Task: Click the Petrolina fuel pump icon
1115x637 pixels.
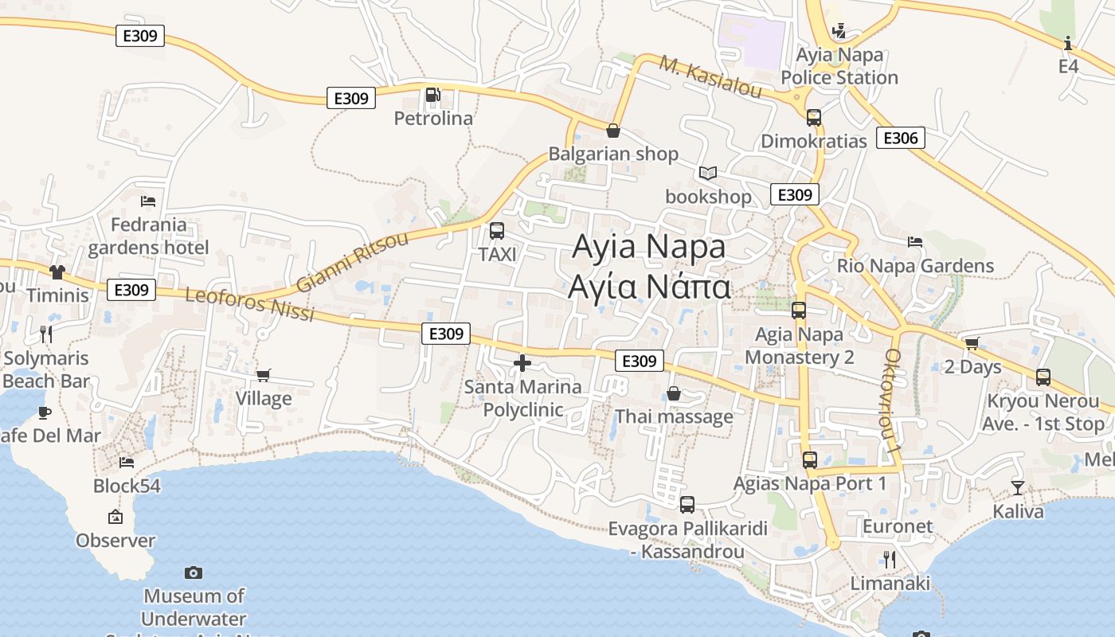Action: (432, 96)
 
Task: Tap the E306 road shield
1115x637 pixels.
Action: (900, 138)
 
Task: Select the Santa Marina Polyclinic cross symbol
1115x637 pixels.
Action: (522, 364)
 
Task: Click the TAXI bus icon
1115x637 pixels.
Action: (497, 232)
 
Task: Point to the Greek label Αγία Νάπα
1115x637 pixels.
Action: (649, 286)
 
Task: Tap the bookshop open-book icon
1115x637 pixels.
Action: (708, 173)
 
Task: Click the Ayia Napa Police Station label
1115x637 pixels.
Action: (839, 66)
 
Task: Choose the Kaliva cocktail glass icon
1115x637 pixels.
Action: (1018, 487)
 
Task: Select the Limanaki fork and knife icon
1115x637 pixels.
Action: (890, 560)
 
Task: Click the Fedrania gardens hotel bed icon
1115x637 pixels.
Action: (148, 201)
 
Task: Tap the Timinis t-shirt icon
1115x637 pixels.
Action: (57, 272)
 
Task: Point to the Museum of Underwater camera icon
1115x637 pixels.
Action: (194, 573)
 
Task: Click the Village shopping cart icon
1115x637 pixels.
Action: (263, 375)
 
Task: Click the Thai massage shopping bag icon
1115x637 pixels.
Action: (674, 393)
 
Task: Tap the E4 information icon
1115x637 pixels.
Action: (1068, 43)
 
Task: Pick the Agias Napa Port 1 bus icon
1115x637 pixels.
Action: (810, 460)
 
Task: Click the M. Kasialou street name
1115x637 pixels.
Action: (710, 77)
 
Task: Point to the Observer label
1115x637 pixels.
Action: (115, 541)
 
